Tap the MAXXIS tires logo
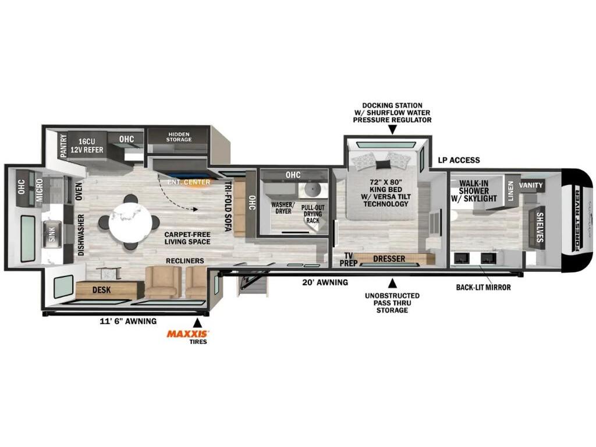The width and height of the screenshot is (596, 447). (187, 334)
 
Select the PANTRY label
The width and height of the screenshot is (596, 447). (63, 145)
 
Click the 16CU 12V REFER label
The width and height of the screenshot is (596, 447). (87, 146)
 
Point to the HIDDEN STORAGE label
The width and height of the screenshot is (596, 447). (179, 137)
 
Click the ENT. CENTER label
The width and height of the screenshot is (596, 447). (189, 182)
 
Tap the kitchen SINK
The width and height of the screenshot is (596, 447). (52, 234)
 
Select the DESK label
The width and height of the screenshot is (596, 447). (102, 290)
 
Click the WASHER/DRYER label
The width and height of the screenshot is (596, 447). (282, 208)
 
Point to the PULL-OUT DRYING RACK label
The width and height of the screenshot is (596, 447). (313, 214)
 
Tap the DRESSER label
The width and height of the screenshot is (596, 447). (389, 258)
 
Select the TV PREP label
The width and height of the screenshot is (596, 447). (349, 259)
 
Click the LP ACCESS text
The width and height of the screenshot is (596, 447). (459, 160)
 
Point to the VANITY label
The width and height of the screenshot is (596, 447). (531, 185)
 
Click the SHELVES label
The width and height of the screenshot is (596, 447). (540, 228)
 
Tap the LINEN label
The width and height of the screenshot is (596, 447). (510, 191)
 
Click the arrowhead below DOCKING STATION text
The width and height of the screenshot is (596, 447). (392, 130)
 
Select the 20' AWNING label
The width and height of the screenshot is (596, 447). (325, 282)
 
